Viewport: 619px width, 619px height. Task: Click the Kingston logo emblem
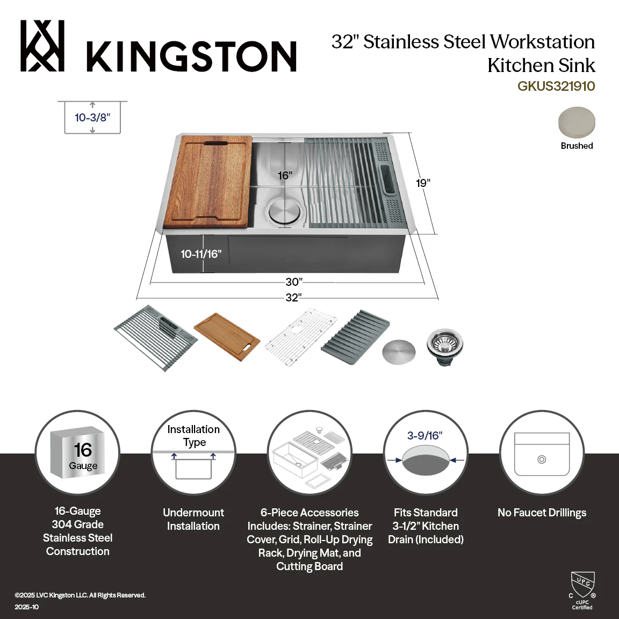point(42,46)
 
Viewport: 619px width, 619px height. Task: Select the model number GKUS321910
point(556,86)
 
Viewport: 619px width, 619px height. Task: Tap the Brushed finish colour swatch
point(577,123)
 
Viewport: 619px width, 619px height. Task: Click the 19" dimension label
point(423,183)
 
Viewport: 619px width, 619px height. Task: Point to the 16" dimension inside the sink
point(285,175)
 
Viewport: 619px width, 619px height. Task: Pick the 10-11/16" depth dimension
point(201,254)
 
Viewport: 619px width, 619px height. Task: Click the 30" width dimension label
point(294,282)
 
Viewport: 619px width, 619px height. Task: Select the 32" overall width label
point(294,297)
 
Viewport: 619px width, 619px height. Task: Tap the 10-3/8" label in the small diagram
point(92,117)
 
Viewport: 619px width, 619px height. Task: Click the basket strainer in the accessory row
point(445,347)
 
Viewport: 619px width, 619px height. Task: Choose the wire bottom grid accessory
point(300,337)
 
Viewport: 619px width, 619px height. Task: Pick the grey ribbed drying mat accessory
point(355,337)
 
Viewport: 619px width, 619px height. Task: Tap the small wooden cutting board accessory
point(227,337)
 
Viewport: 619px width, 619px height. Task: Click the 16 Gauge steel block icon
point(77,452)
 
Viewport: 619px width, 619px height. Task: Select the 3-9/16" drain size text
point(425,435)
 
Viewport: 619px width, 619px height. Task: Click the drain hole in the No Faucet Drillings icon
point(542,459)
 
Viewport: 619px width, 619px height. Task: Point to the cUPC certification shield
point(583,585)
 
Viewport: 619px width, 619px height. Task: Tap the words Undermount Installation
point(193,519)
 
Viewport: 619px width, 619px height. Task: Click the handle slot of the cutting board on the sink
point(215,143)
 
